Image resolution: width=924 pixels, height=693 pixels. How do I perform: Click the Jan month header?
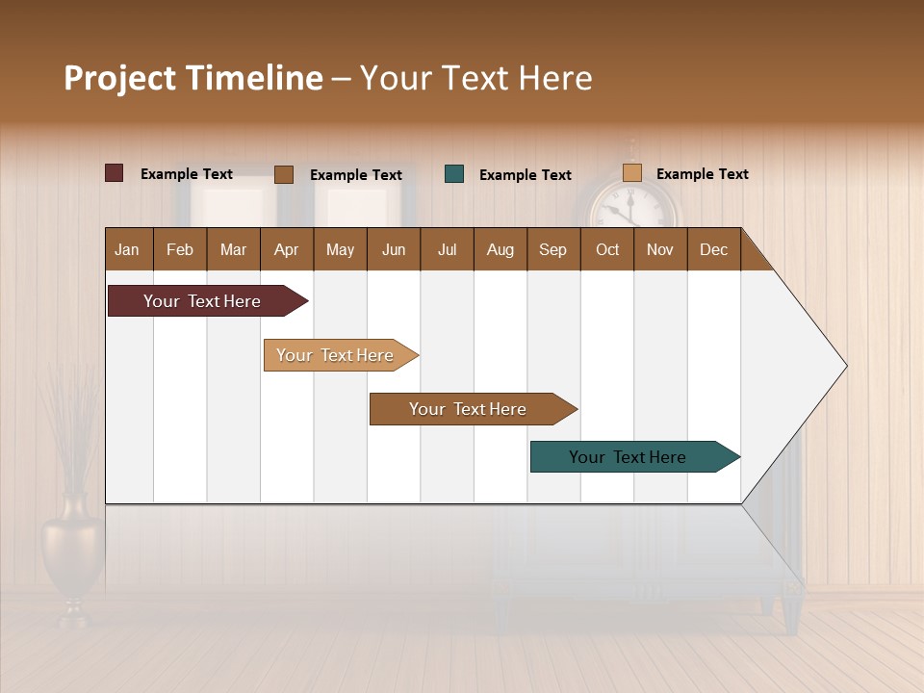pyautogui.click(x=127, y=249)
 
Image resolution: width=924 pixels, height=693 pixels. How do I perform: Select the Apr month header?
pyautogui.click(x=286, y=249)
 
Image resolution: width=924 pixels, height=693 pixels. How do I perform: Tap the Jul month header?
pyautogui.click(x=447, y=249)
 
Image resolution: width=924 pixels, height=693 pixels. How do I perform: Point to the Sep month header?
pyautogui.click(x=552, y=249)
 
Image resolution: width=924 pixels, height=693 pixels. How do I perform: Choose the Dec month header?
pyautogui.click(x=713, y=249)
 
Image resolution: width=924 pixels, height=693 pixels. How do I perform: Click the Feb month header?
pyautogui.click(x=180, y=249)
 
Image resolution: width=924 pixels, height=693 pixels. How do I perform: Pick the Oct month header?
pyautogui.click(x=607, y=249)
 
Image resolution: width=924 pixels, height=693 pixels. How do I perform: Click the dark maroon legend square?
pyautogui.click(x=114, y=173)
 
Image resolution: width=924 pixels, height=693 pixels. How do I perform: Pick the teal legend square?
pyautogui.click(x=454, y=173)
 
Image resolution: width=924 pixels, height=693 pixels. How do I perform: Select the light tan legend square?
pyautogui.click(x=631, y=173)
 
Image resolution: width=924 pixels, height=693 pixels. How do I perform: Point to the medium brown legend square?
pyautogui.click(x=283, y=174)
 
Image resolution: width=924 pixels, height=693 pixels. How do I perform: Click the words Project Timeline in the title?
pyautogui.click(x=192, y=78)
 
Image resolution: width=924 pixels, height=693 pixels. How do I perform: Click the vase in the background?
pyautogui.click(x=71, y=558)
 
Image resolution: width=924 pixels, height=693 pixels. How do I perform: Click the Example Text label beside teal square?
pyautogui.click(x=525, y=175)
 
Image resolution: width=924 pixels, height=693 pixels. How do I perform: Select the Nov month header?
pyautogui.click(x=659, y=249)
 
